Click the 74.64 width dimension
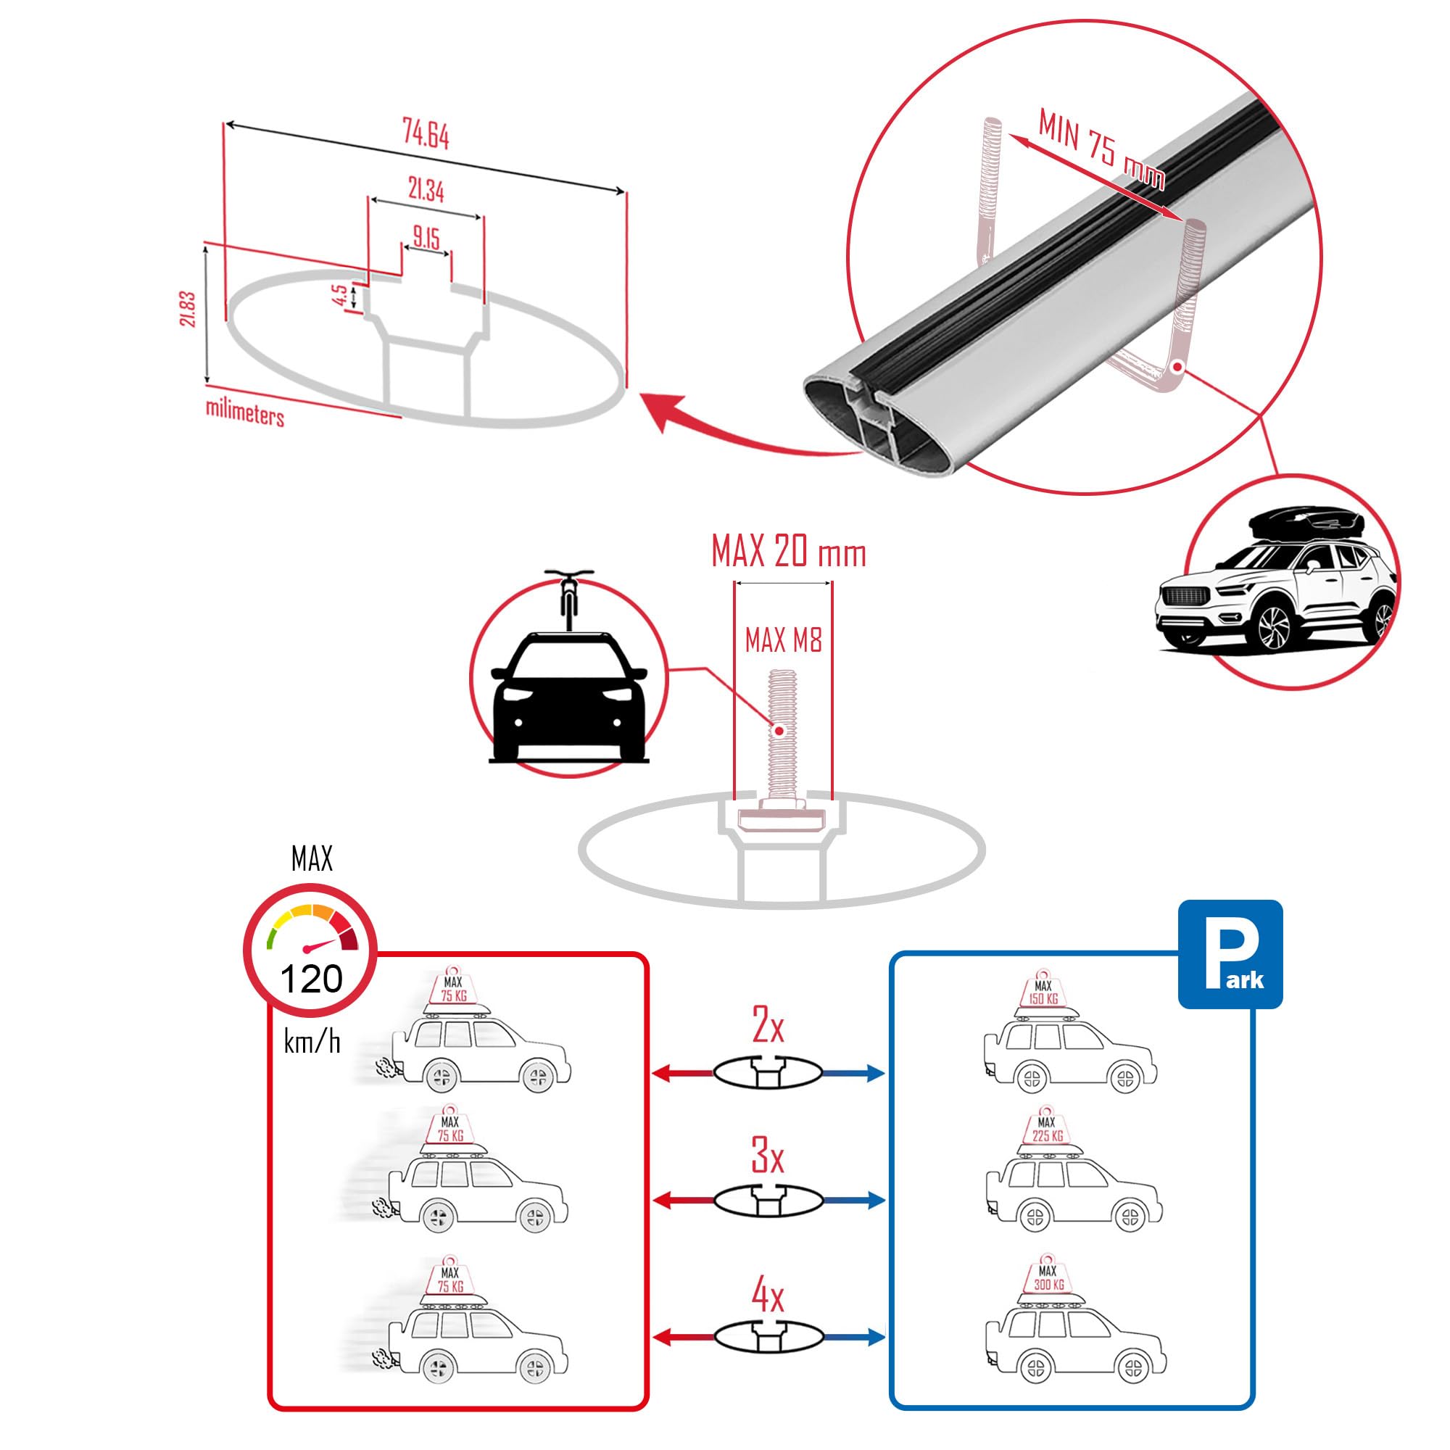click(426, 135)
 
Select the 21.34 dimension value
click(426, 191)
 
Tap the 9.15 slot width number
click(426, 238)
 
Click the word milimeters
click(244, 413)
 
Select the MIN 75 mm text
click(1101, 159)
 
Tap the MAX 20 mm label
click(788, 553)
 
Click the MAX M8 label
click(783, 640)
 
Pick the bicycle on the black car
click(569, 600)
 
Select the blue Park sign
click(1230, 954)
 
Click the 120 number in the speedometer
click(311, 979)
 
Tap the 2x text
click(767, 1026)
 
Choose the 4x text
click(767, 1296)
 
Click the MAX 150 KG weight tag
click(1043, 993)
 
